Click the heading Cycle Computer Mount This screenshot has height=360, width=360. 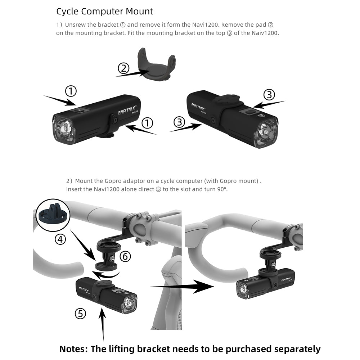point(104,11)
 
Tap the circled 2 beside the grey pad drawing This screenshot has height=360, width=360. point(123,68)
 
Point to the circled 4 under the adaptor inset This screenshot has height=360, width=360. point(60,239)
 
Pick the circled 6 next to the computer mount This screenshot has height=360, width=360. point(125,256)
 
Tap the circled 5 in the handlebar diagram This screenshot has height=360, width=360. point(80,314)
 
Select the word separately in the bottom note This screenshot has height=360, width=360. point(297,349)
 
